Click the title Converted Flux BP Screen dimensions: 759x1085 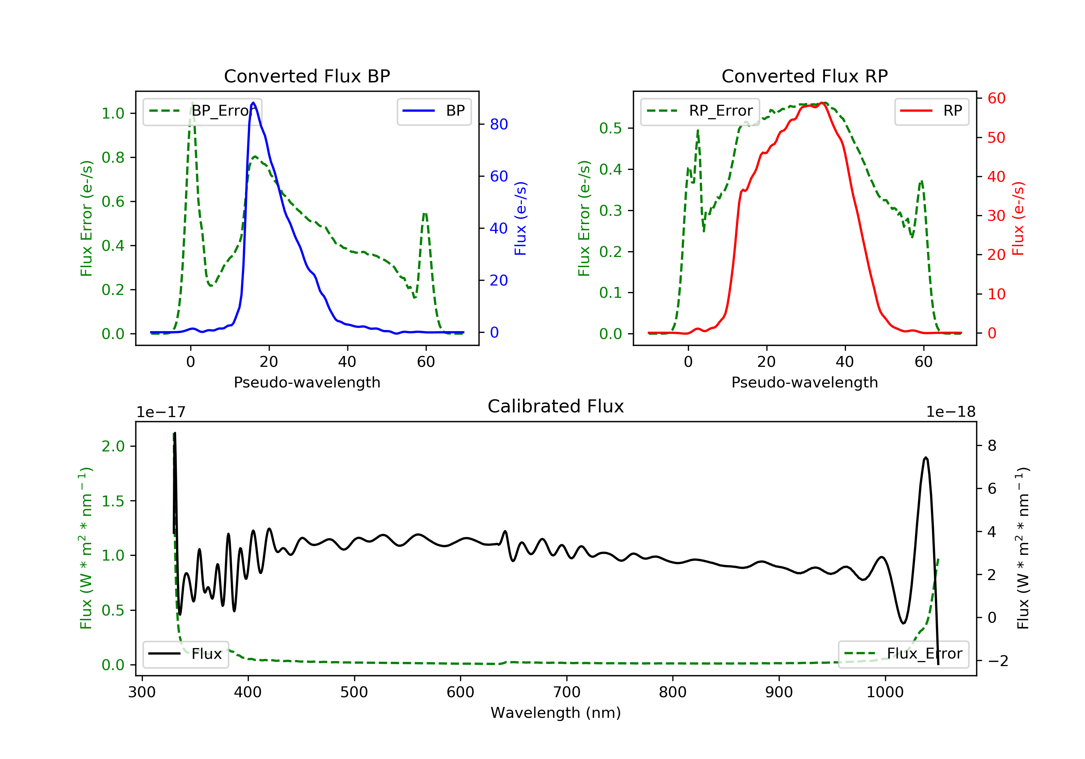307,76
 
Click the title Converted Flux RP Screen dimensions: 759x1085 804,76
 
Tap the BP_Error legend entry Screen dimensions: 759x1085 202,111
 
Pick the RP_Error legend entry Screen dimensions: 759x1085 700,111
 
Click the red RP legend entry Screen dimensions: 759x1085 931,111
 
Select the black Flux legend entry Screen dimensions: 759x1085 186,654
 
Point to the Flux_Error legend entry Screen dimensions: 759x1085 903,654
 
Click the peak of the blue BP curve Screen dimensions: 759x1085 253,103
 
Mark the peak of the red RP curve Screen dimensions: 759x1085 822,103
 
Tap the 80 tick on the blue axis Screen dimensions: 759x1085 498,124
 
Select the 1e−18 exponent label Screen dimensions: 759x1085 950,412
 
